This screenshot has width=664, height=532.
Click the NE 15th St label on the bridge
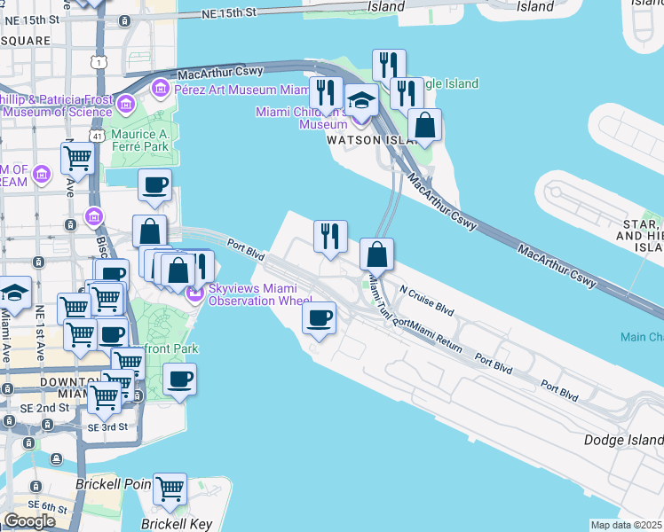coord(228,13)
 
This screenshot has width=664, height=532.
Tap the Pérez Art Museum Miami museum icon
coord(161,89)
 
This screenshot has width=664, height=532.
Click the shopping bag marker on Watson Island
coord(426,126)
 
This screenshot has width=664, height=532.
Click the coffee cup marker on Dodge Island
coord(319,317)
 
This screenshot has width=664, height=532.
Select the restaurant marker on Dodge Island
coord(330,236)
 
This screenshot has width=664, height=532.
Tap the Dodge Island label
coord(623,440)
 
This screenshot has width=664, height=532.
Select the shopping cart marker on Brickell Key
coord(170,488)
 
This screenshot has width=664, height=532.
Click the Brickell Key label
coord(177,523)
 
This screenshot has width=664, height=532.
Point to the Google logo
coord(29,521)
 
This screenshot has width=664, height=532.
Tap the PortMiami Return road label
coord(427,335)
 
